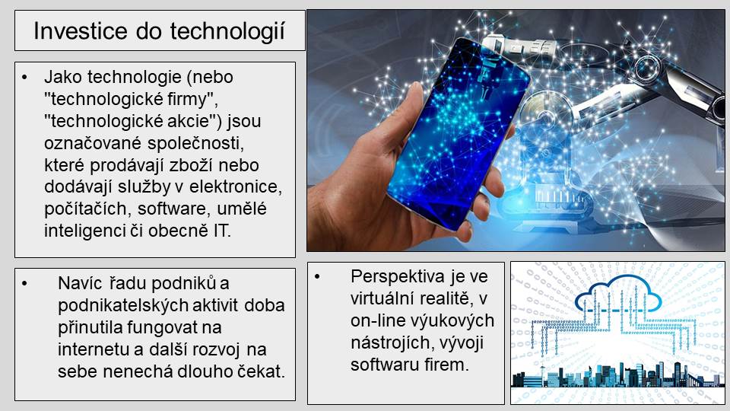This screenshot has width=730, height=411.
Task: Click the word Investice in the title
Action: pyautogui.click(x=80, y=31)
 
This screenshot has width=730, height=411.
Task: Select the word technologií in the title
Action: pyautogui.click(x=227, y=32)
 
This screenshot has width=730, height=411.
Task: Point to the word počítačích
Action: pyautogui.click(x=85, y=209)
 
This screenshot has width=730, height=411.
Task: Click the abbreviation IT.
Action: pyautogui.click(x=222, y=231)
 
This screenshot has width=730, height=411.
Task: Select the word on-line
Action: pyautogui.click(x=378, y=320)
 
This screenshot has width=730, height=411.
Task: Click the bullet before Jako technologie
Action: pyautogui.click(x=24, y=78)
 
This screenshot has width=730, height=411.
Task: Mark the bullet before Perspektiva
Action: pyautogui.click(x=317, y=277)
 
